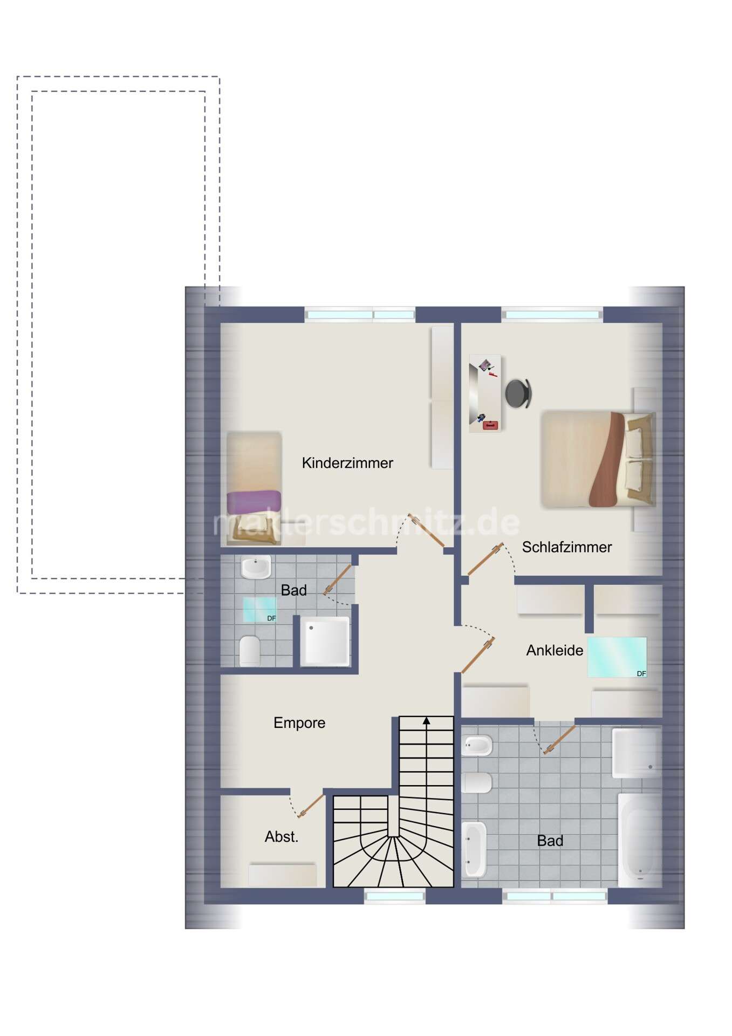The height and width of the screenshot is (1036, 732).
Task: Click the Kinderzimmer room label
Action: coord(347,463)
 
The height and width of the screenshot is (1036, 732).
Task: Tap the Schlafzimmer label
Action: coord(567,547)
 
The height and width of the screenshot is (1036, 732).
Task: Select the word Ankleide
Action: coord(555,650)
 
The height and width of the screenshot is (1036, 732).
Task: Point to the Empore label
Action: coord(299,723)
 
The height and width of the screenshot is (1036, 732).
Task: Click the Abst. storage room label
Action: coord(282,837)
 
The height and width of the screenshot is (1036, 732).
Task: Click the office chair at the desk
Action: coord(518,393)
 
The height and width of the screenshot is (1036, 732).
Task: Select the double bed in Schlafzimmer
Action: coord(598,459)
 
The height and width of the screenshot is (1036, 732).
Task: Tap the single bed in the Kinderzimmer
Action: coord(254,488)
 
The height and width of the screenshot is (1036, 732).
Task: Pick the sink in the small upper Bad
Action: coord(256,567)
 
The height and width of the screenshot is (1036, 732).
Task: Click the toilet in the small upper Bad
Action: coord(250,650)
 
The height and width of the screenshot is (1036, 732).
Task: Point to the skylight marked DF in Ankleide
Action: coord(617,657)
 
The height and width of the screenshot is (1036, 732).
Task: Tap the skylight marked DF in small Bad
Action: coord(259,610)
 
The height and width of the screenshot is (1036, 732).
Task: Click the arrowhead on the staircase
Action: coord(427,720)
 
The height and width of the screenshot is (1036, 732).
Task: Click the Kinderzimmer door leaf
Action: coord(426,530)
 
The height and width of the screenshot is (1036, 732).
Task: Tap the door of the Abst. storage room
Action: coord(311,806)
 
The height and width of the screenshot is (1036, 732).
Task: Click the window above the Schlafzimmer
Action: coord(552,315)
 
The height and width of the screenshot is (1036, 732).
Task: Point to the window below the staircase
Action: coord(395,896)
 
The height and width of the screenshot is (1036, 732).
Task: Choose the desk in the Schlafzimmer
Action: coord(485,393)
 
